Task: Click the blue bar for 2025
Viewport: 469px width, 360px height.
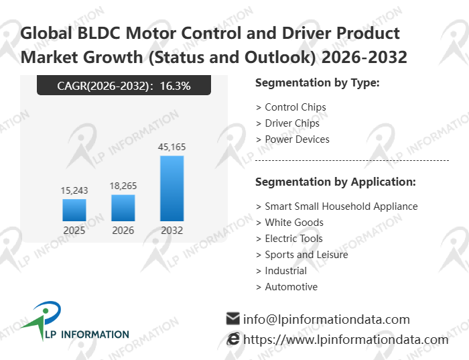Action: pos(74,210)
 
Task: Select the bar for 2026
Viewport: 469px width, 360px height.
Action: pos(123,208)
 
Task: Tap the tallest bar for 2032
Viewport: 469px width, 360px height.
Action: pos(172,188)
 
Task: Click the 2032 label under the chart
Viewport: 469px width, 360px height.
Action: pos(172,231)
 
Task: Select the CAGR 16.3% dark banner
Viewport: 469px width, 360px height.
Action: pos(124,85)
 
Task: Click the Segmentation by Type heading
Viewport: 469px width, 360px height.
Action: pos(318,83)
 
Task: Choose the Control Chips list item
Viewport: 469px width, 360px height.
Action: pos(295,107)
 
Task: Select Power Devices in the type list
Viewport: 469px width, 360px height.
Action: pos(297,139)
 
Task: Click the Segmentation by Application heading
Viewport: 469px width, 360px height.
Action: pos(336,182)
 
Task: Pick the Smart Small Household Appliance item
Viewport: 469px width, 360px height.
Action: pos(340,206)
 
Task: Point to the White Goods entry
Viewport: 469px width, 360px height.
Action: pos(293,223)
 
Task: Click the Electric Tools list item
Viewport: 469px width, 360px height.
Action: pos(293,239)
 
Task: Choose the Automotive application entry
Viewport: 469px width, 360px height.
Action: pos(291,287)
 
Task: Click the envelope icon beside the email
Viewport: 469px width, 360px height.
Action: pos(232,318)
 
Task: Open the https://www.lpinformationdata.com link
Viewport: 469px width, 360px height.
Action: pos(345,340)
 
